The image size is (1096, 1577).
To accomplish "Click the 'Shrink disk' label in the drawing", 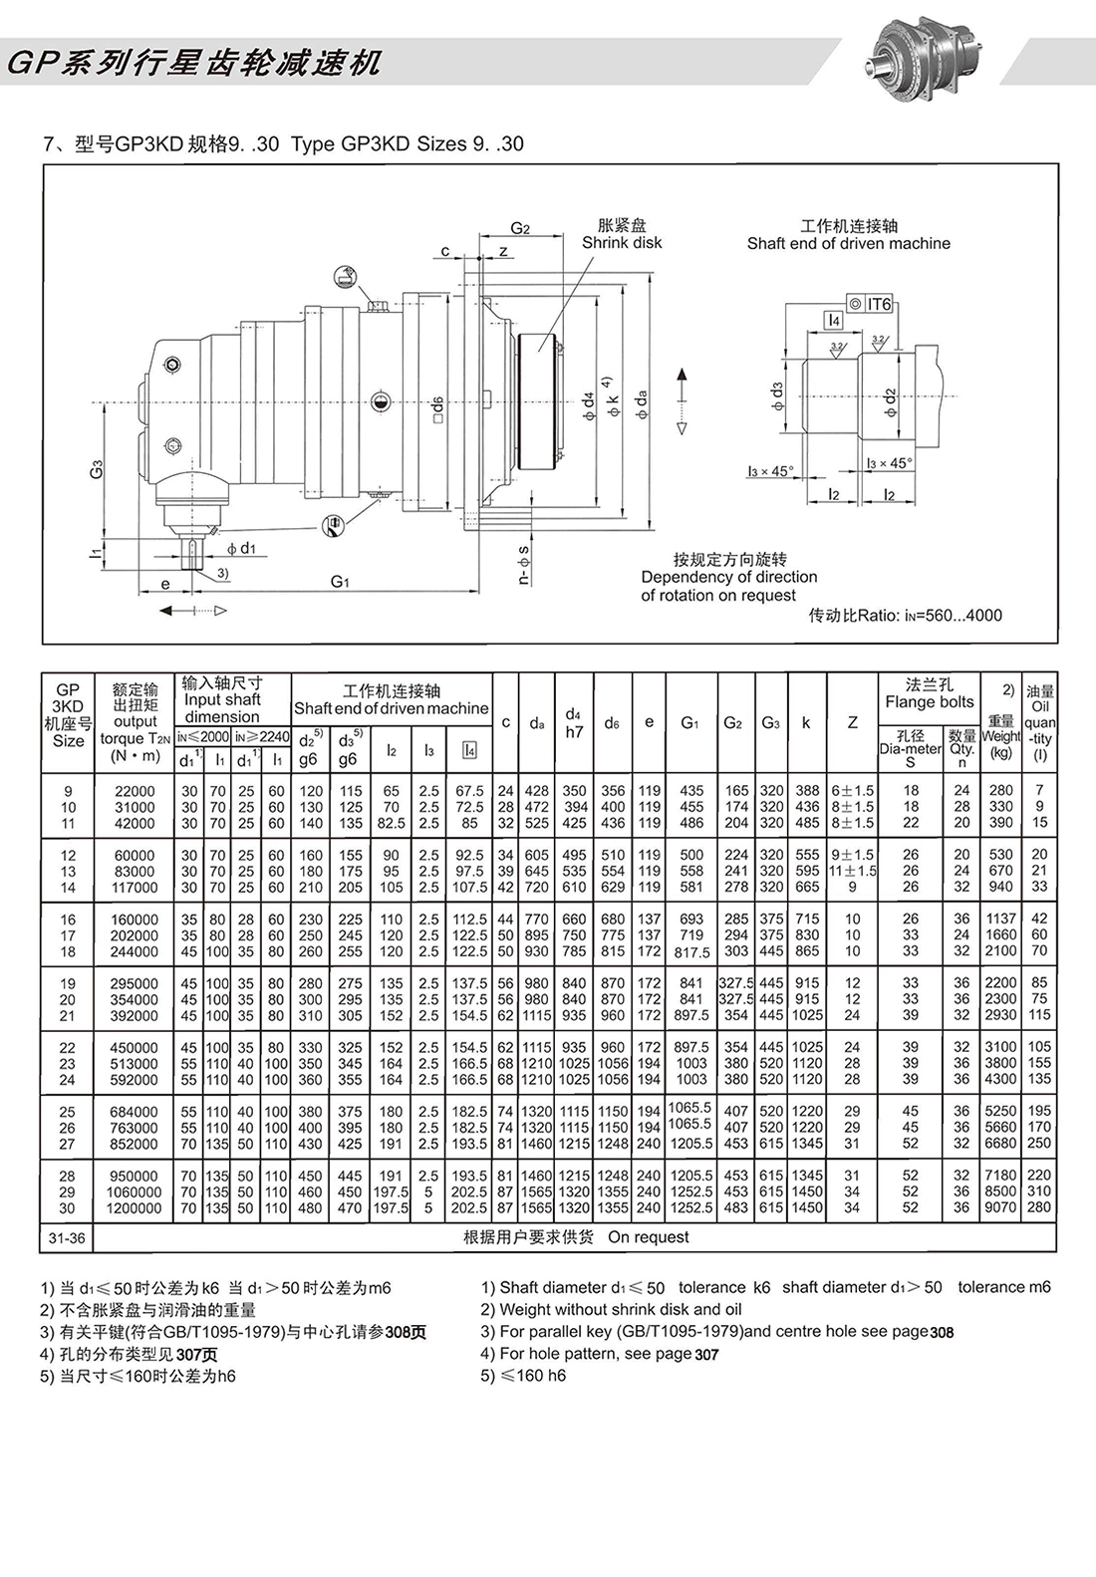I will pyautogui.click(x=622, y=243).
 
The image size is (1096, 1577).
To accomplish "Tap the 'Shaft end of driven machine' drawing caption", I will pyautogui.click(x=848, y=243).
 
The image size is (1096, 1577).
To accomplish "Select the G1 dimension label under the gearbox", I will pyautogui.click(x=340, y=582).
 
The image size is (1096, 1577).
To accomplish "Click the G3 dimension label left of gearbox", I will pyautogui.click(x=96, y=467).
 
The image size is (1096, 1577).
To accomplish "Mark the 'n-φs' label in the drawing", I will pyautogui.click(x=523, y=564).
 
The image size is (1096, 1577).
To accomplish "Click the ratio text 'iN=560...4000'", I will pyautogui.click(x=905, y=615).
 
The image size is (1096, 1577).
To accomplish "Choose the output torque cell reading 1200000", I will pyautogui.click(x=135, y=1207).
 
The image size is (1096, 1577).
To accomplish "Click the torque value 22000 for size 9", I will pyautogui.click(x=135, y=791).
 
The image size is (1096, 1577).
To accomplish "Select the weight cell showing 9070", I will pyautogui.click(x=1000, y=1207).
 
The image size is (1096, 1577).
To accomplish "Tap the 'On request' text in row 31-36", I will pyautogui.click(x=648, y=1237).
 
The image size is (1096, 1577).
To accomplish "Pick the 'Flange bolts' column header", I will pyautogui.click(x=929, y=702).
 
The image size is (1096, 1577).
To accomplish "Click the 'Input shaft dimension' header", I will pyautogui.click(x=221, y=700).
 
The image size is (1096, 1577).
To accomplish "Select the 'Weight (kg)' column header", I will pyautogui.click(x=1000, y=737).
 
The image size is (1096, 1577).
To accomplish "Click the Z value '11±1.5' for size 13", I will pyautogui.click(x=852, y=871).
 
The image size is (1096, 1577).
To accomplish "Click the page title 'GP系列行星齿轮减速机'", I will pyautogui.click(x=193, y=64).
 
